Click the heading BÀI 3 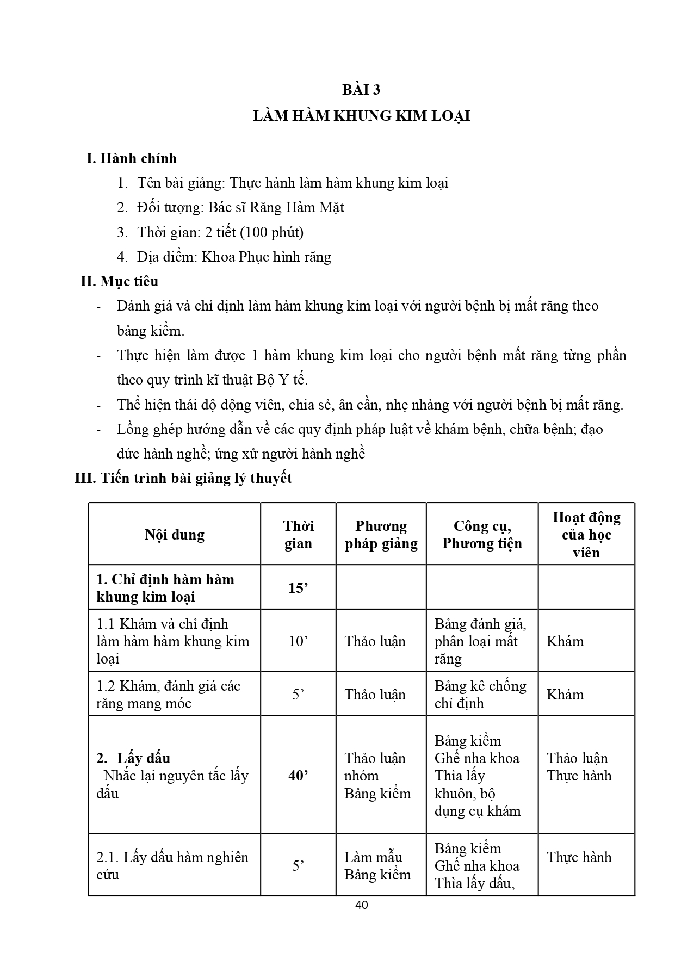(x=361, y=90)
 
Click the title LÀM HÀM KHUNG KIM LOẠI (x=361, y=116)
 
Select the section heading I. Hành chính (x=132, y=158)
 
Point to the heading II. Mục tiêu (x=120, y=281)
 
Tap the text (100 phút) (x=272, y=232)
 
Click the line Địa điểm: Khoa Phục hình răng (x=234, y=257)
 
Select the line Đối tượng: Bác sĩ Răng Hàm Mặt (x=240, y=208)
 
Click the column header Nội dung (x=175, y=535)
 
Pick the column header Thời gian (x=298, y=535)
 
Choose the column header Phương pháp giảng (x=381, y=535)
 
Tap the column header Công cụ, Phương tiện (x=482, y=535)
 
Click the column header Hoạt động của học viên (x=586, y=535)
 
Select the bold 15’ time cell (x=298, y=588)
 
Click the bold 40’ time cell (x=298, y=776)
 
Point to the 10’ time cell (x=298, y=641)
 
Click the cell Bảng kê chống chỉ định (x=480, y=695)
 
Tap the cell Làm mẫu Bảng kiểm (x=377, y=866)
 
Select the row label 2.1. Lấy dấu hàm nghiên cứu (x=172, y=866)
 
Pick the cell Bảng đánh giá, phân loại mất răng (x=480, y=641)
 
